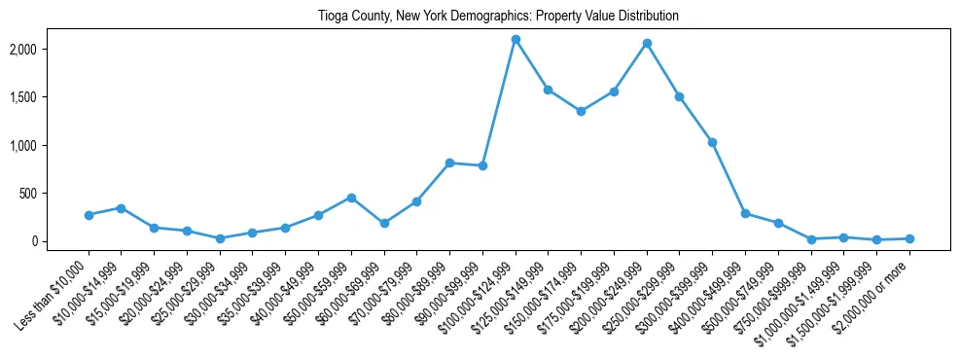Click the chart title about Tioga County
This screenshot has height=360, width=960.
498,17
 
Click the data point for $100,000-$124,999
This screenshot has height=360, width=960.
516,39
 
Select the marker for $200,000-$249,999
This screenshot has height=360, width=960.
647,44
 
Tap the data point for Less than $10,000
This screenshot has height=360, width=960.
89,215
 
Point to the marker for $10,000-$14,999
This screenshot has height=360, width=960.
121,208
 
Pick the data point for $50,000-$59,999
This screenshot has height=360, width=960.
351,198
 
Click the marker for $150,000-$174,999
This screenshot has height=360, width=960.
581,111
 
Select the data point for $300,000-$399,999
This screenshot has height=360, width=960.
712,142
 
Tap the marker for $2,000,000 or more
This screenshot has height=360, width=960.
909,238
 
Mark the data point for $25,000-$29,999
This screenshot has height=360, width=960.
220,238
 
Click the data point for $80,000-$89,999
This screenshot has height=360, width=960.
449,162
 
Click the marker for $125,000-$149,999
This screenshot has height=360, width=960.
548,90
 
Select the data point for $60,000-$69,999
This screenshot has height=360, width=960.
384,223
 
